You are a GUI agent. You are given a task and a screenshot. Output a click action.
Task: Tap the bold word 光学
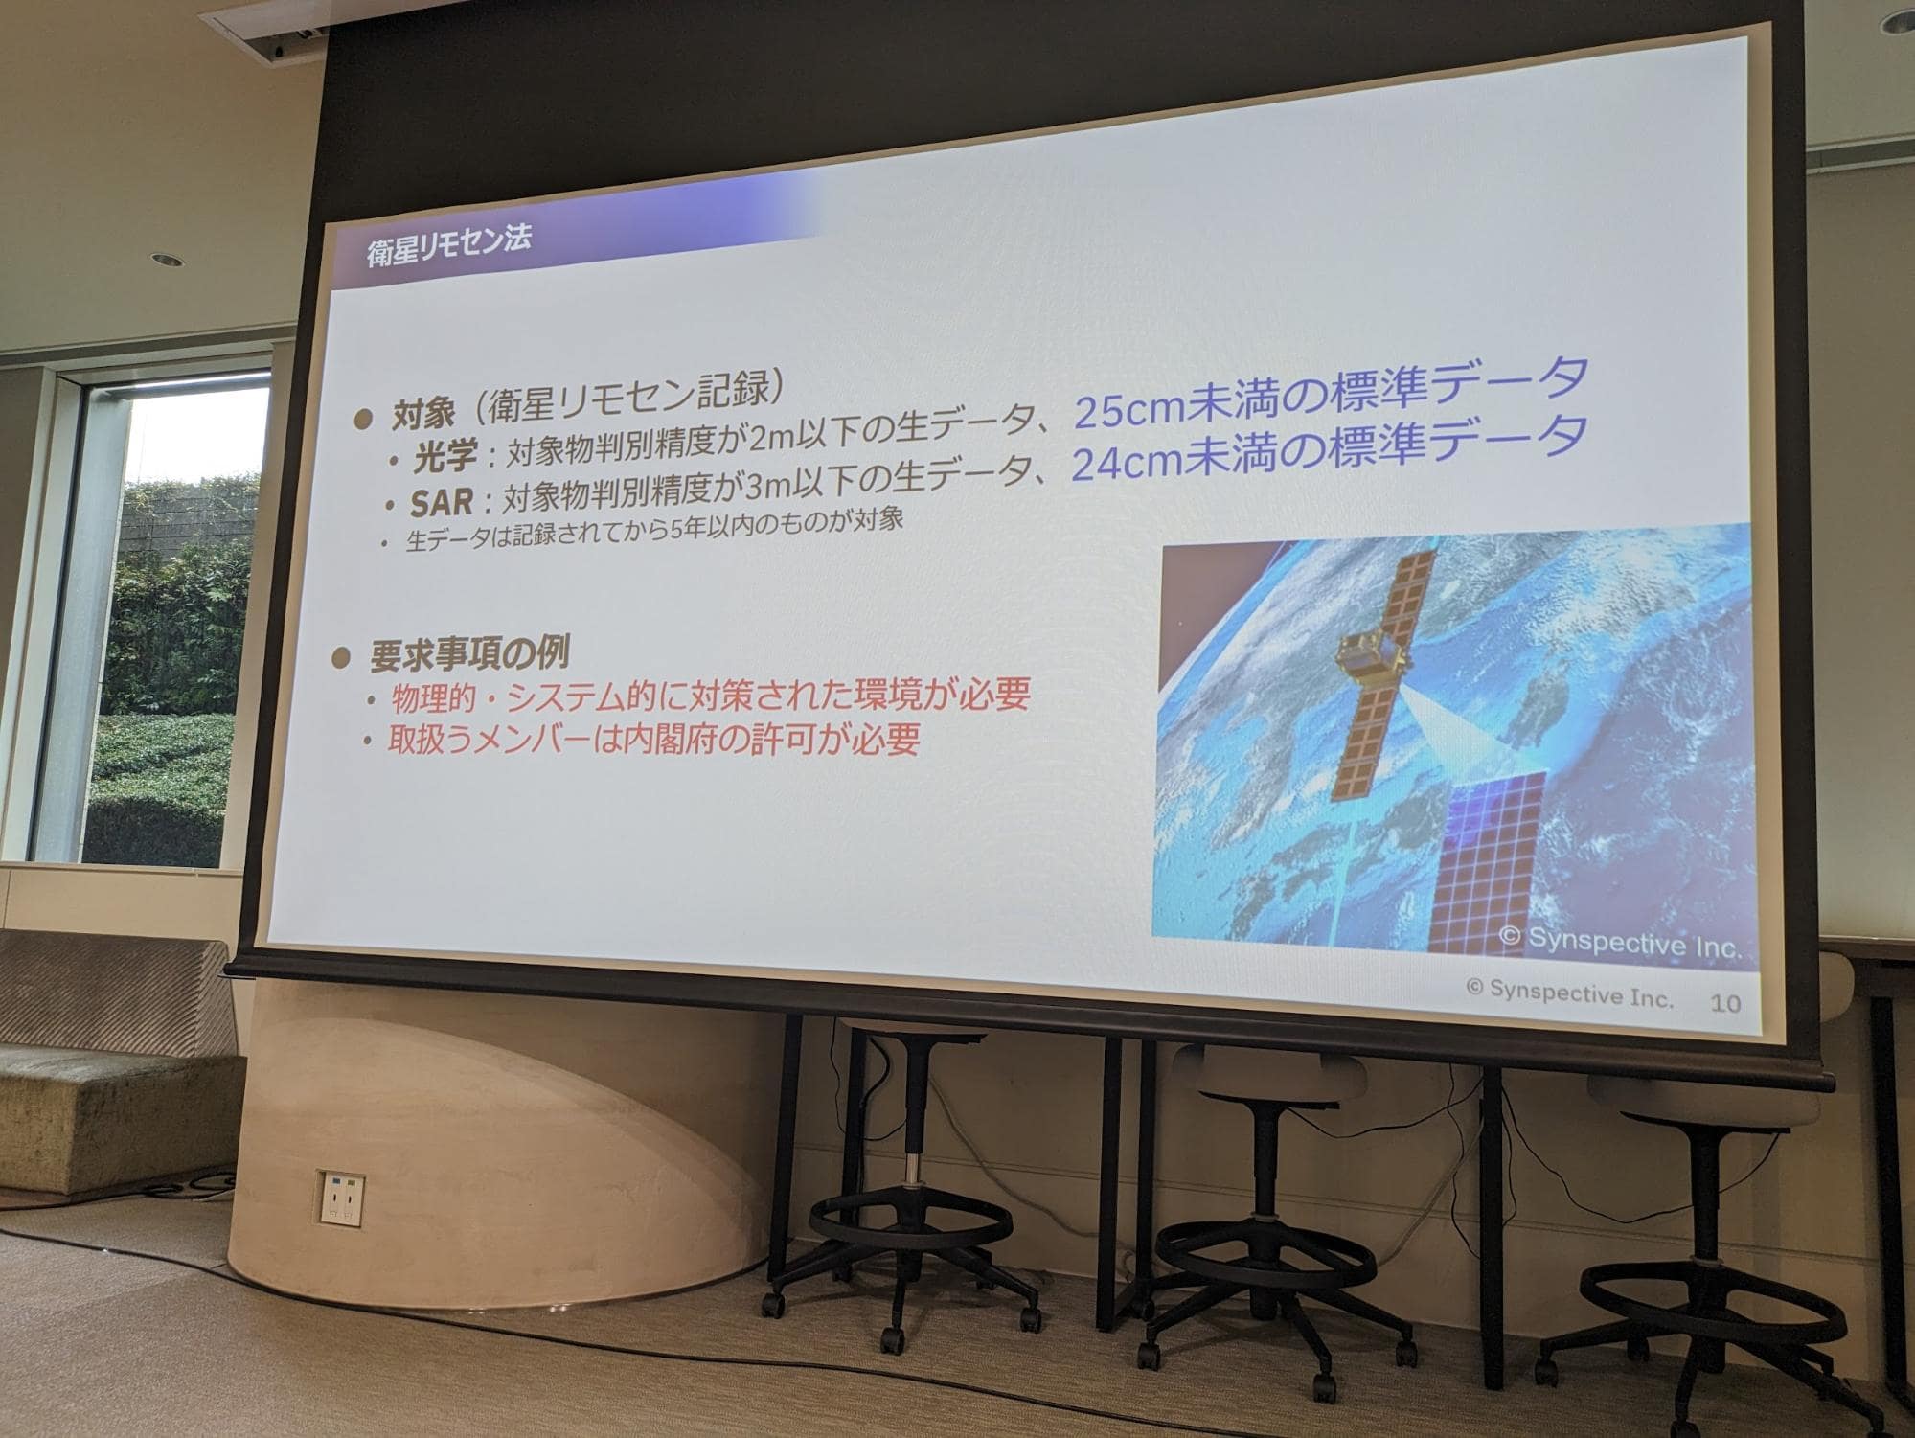445,456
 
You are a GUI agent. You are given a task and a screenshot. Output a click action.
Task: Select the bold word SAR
443,502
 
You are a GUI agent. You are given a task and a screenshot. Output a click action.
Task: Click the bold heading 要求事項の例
469,654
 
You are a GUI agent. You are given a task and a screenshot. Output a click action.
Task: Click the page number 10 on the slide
1725,1003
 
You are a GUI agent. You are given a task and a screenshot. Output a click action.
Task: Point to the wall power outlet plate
341,1199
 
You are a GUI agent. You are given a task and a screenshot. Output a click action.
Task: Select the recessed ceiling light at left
162,260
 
